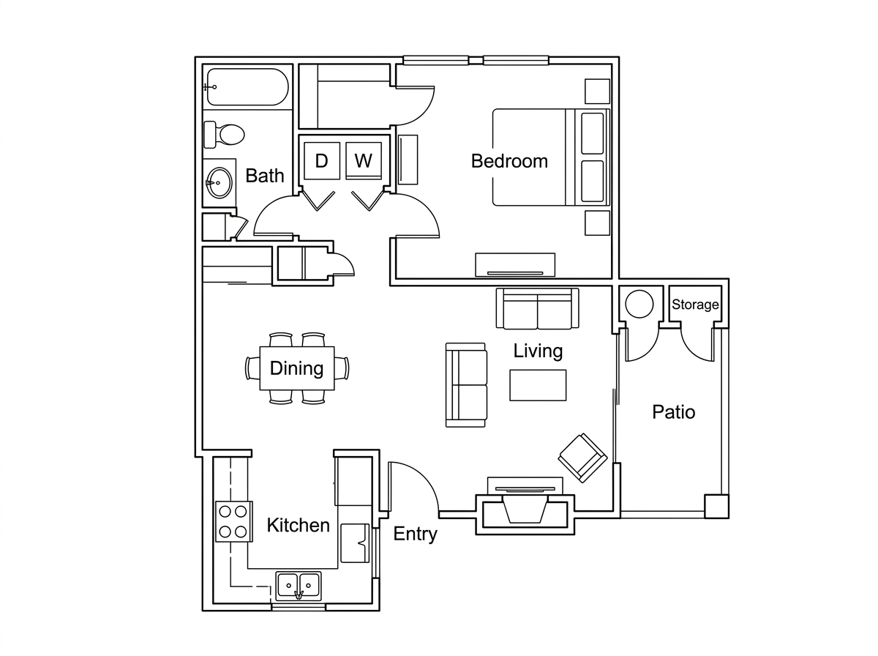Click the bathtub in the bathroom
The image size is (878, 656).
(247, 87)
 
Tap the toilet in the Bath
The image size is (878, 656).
(224, 135)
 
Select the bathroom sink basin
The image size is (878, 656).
(219, 182)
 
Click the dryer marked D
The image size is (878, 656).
(322, 160)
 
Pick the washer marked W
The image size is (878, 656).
(363, 160)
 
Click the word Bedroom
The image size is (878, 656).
(509, 161)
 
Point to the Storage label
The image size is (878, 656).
(695, 305)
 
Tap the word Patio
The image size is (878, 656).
(674, 412)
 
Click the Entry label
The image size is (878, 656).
(415, 534)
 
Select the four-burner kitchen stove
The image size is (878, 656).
(233, 521)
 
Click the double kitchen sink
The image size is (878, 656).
(299, 586)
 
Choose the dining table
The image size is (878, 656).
(297, 368)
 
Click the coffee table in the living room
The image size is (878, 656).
(538, 385)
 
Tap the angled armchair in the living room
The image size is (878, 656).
(582, 458)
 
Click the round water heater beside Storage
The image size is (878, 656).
(639, 304)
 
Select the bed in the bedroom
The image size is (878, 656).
(551, 157)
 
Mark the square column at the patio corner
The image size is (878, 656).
(716, 507)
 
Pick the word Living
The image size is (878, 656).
(538, 351)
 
